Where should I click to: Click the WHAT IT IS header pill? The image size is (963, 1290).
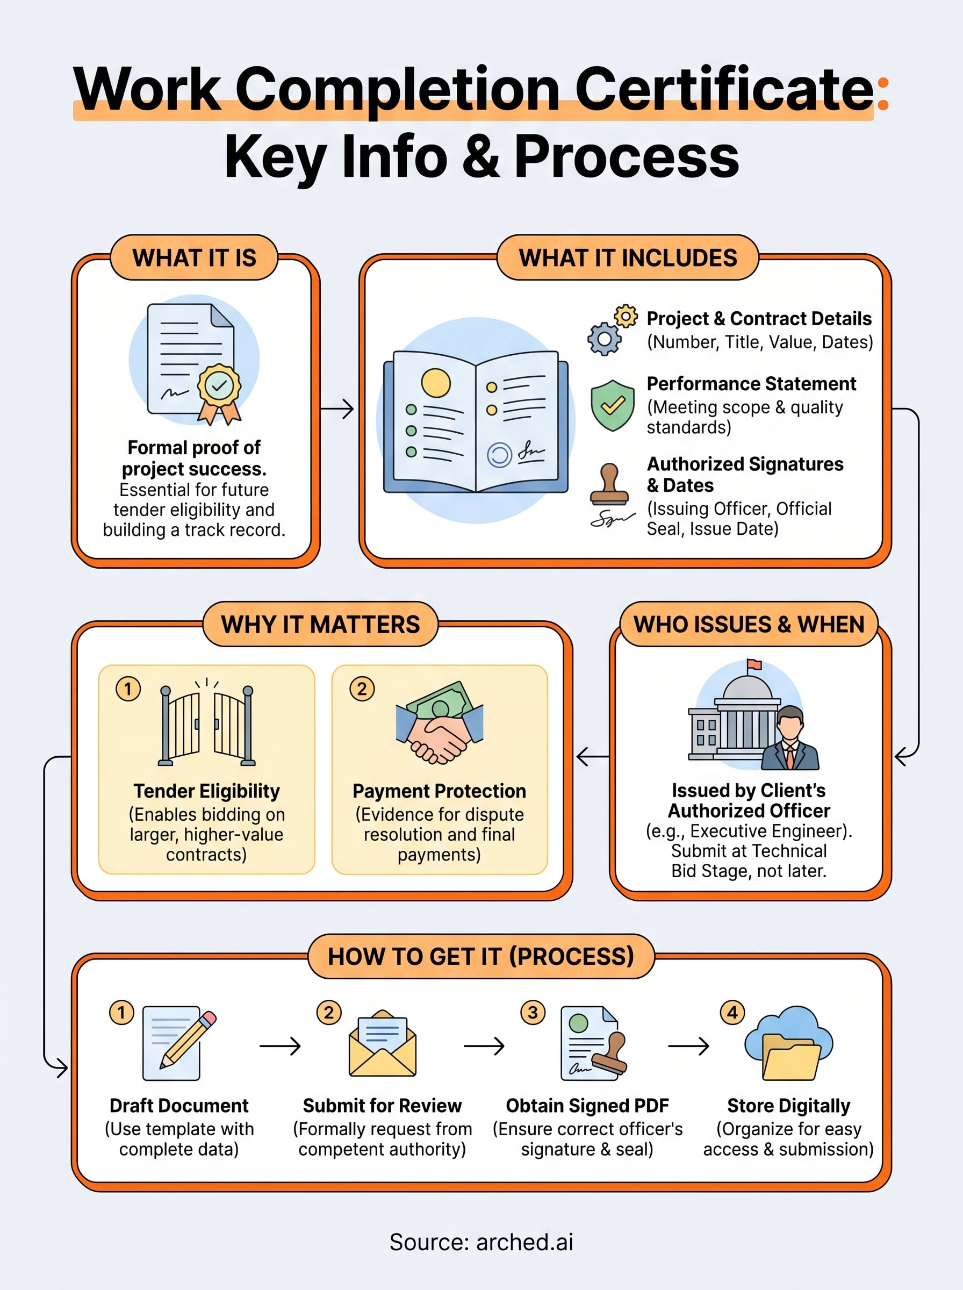[x=194, y=257]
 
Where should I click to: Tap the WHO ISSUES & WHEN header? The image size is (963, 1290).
[x=749, y=625]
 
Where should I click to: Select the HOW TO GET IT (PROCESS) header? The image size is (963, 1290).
[x=481, y=957]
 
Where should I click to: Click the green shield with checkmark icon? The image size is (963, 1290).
[x=612, y=405]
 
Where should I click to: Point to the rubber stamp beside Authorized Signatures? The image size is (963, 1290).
[x=610, y=484]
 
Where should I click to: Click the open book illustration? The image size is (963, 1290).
[x=476, y=421]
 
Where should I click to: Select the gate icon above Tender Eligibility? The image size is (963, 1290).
[x=207, y=723]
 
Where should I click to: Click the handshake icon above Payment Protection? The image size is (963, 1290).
[x=440, y=723]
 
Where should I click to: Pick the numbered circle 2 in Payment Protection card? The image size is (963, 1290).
[x=362, y=689]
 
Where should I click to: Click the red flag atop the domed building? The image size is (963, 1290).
[x=754, y=664]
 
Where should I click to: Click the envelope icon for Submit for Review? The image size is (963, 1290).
[x=383, y=1043]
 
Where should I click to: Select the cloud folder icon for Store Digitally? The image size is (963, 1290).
[x=789, y=1043]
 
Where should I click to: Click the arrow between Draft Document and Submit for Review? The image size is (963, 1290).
[x=281, y=1047]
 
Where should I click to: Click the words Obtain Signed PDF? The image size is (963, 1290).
[x=587, y=1106]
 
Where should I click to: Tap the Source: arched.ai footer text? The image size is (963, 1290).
[x=482, y=1242]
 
